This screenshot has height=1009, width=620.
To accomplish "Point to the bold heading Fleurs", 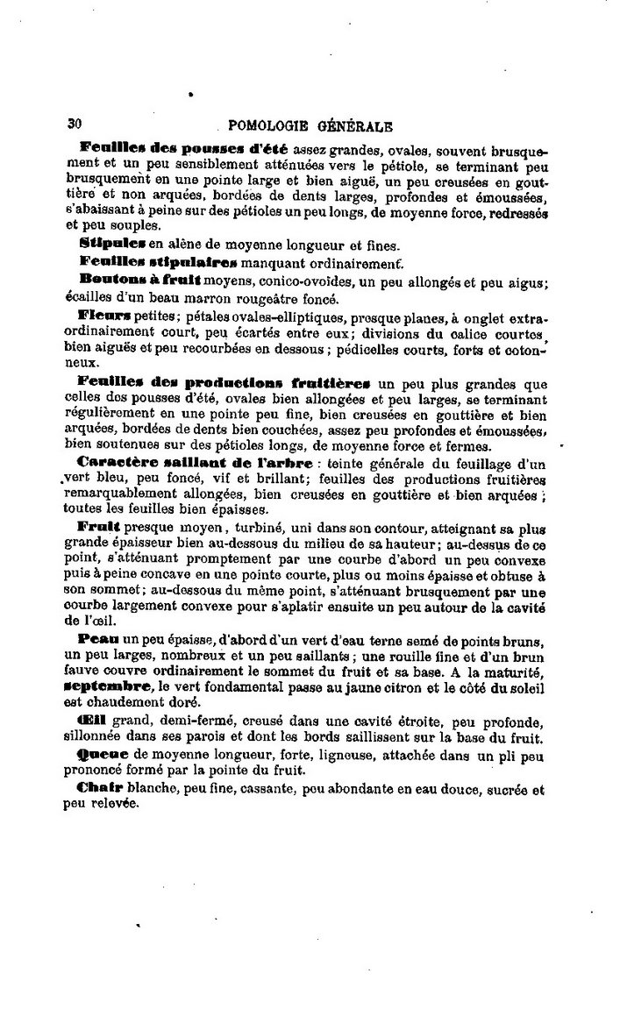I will pos(103,314).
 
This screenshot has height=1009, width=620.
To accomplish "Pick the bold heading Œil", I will pos(90,721).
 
